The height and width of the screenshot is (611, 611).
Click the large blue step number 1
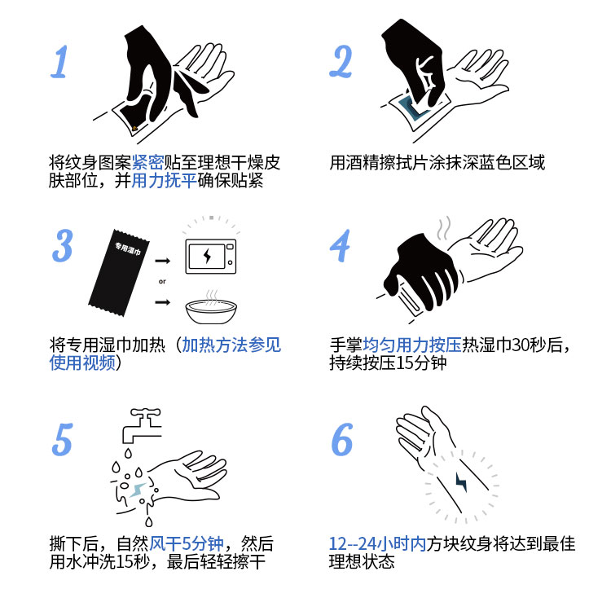(x=59, y=62)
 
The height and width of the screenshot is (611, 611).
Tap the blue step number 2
(x=341, y=61)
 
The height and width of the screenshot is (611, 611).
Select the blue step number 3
(x=63, y=245)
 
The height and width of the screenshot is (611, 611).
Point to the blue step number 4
(x=341, y=245)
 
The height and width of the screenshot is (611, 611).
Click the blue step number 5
(x=63, y=439)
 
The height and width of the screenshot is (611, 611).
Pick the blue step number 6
(x=341, y=439)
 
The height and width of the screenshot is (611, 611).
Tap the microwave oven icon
(x=210, y=257)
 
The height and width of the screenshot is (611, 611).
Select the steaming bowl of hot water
(x=211, y=308)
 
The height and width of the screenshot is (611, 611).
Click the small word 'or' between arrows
(x=162, y=281)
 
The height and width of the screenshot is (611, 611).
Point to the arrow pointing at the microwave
(x=162, y=261)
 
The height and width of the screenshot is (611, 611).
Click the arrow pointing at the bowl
(x=162, y=302)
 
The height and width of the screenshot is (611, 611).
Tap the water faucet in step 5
(x=143, y=425)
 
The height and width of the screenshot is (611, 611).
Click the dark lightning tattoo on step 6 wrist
(x=461, y=482)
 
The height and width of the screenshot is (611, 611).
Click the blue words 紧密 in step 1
(x=147, y=162)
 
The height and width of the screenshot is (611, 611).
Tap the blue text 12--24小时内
(x=377, y=543)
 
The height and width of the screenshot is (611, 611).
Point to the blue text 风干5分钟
(x=187, y=543)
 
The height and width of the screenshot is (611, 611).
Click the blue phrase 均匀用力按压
(x=412, y=345)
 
